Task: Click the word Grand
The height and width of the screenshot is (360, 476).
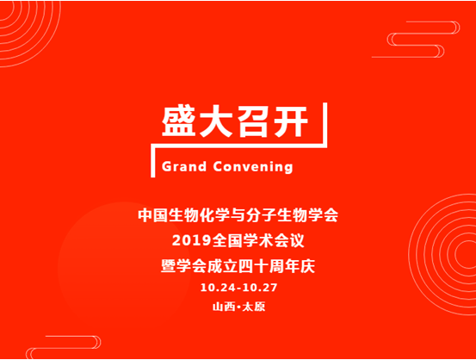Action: [184, 167]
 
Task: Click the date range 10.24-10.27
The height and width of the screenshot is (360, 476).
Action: [238, 287]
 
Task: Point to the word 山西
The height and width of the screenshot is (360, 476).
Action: [224, 307]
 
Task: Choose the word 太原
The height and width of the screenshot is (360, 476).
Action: [254, 307]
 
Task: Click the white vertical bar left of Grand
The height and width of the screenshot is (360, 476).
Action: [153, 166]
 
